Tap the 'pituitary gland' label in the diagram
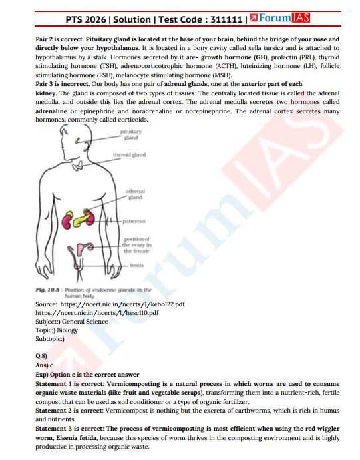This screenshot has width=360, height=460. coord(131,136)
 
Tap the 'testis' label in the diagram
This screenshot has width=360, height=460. coord(137,265)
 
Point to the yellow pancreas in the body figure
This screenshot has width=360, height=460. coord(85,216)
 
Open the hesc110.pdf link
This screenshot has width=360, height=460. coord(96,312)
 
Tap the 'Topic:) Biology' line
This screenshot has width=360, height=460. coord(57,330)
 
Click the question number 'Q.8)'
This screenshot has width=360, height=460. coord(42,356)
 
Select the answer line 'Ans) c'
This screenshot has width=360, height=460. coord(44,365)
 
